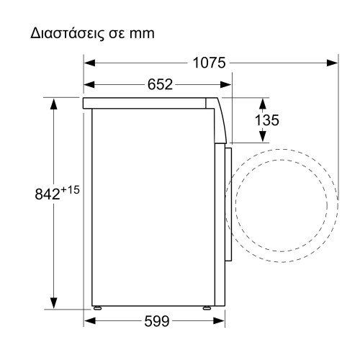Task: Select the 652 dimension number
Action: pos(161,84)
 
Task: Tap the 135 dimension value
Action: pos(267,120)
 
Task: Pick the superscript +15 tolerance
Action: pos(69,189)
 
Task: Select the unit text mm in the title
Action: pos(143,34)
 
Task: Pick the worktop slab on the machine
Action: pos(151,103)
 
